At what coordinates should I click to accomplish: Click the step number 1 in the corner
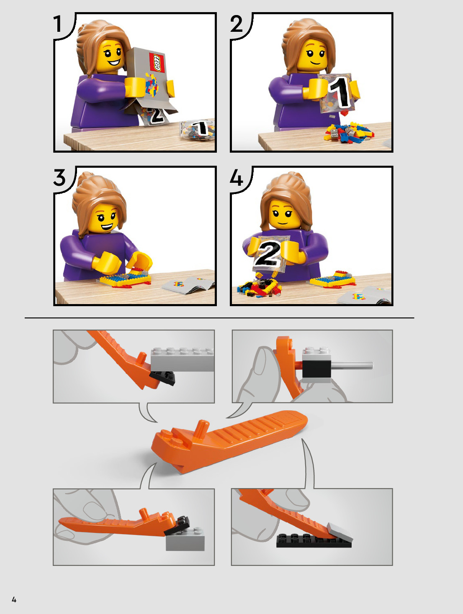pos(57,24)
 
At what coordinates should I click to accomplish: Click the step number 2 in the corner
pos(237,24)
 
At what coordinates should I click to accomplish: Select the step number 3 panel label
pos(59,177)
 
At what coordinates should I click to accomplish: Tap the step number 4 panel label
pos(236,177)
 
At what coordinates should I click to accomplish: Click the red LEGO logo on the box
pos(157,63)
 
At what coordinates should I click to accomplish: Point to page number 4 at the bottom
pos(14,599)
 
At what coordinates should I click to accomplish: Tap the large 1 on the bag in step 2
pos(340,92)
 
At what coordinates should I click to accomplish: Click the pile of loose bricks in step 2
pos(348,133)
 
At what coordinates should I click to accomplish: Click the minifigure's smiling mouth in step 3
pos(107,227)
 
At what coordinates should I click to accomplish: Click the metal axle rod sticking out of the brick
pos(352,364)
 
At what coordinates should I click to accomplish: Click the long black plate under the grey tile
pos(314,540)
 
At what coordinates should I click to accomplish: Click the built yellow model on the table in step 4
pos(333,279)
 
